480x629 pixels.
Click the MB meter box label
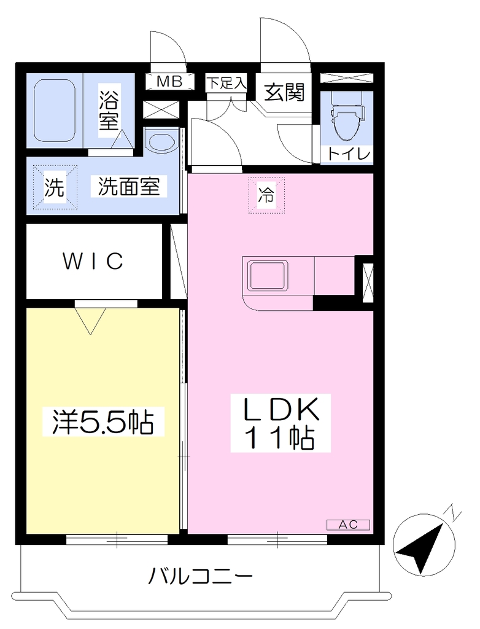tap(169, 82)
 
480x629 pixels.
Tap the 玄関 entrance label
tap(284, 92)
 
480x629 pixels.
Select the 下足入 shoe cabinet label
tap(226, 83)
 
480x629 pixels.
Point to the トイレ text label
tap(348, 154)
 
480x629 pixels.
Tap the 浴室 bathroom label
tap(109, 111)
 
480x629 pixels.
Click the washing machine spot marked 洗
tap(55, 187)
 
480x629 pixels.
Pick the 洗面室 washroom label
tap(129, 186)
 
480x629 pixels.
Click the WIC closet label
tap(93, 261)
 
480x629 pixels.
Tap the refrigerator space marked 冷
tap(266, 195)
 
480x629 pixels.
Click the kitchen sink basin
tap(268, 275)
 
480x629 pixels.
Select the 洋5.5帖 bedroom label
tap(103, 421)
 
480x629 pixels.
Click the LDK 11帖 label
tap(281, 423)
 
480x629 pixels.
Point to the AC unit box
tap(348, 525)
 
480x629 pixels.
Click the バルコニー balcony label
tap(201, 577)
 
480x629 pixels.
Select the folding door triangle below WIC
tap(91, 320)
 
